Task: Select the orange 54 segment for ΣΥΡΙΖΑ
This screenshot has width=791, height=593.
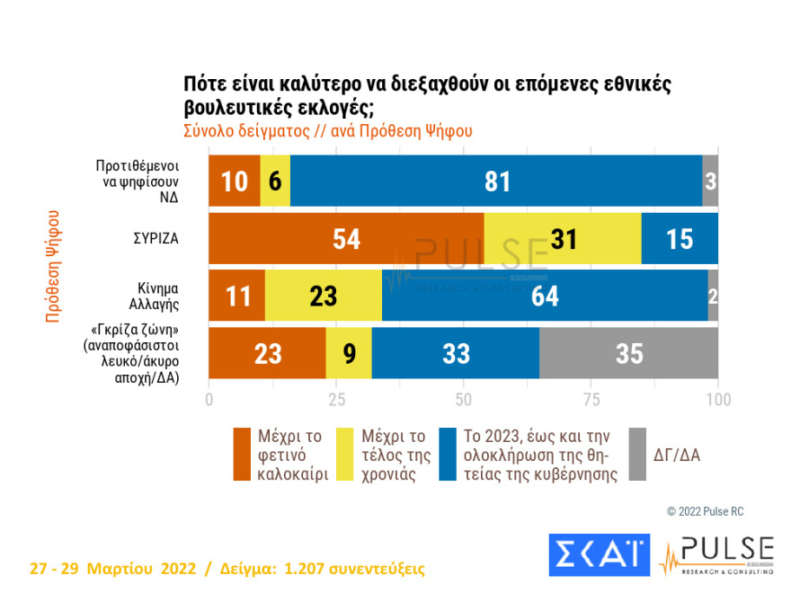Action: click(346, 238)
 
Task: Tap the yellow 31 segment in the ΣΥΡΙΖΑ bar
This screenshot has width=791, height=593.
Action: click(563, 238)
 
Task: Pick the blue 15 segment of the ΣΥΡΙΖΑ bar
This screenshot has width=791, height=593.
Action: click(680, 238)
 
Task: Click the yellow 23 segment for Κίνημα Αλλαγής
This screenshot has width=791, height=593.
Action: click(324, 296)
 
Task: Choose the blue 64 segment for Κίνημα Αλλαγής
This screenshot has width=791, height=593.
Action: click(545, 296)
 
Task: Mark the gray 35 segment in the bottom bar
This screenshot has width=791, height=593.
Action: click(629, 353)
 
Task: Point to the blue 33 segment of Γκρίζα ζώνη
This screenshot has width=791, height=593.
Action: click(456, 353)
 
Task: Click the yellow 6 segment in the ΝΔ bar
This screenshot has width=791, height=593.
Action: click(275, 181)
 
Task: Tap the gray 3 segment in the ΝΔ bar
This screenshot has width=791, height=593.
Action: click(710, 181)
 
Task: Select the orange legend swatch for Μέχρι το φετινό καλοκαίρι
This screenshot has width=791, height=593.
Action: click(242, 455)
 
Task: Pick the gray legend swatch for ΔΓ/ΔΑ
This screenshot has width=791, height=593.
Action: click(636, 455)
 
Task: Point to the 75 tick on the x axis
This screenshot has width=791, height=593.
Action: click(591, 398)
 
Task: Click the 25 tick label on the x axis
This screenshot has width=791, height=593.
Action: click(336, 398)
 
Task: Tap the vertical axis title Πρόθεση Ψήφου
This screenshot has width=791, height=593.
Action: click(53, 266)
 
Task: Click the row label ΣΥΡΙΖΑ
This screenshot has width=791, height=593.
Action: click(156, 240)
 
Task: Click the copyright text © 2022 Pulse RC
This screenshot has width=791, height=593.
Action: click(705, 511)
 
